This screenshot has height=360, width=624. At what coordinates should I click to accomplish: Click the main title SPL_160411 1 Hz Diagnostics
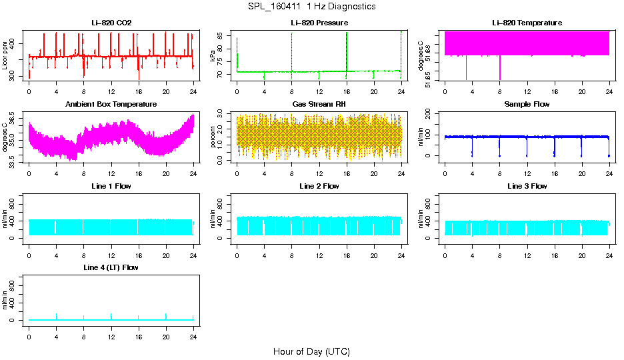click(311, 7)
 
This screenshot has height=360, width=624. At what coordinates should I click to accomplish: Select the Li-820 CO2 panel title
click(111, 23)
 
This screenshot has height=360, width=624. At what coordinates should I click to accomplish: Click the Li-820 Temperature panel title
click(527, 23)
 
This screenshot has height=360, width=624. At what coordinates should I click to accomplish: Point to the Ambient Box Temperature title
click(111, 105)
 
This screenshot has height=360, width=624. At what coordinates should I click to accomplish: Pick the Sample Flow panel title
click(527, 105)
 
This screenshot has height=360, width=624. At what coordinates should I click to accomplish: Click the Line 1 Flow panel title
click(111, 186)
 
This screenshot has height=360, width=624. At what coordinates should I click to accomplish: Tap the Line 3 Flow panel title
click(527, 186)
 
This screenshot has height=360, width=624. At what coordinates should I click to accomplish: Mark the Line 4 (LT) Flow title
click(111, 267)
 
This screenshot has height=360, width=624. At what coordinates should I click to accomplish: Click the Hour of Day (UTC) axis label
click(311, 351)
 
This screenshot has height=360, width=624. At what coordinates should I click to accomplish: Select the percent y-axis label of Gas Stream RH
click(213, 137)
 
